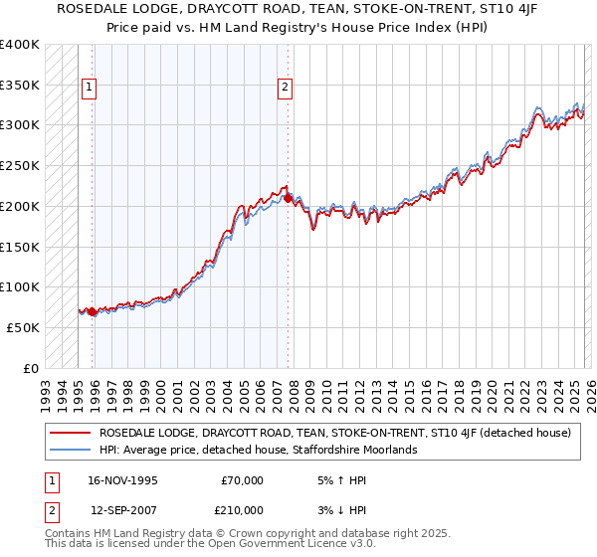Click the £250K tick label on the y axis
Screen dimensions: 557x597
pos(20,165)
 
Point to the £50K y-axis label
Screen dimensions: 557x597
pos(23,327)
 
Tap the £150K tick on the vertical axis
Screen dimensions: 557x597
pos(20,247)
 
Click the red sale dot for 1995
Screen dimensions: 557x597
pos(93,311)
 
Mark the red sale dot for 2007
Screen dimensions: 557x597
pos(288,198)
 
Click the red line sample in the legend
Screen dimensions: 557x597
pos(71,433)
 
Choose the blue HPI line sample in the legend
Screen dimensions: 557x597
pos(71,450)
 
